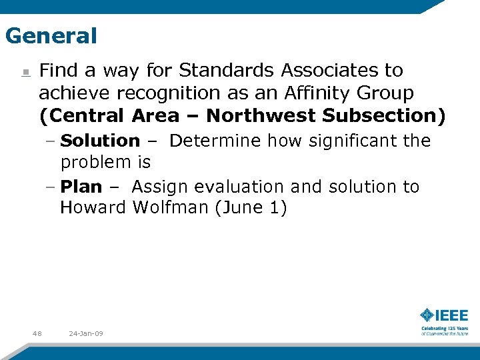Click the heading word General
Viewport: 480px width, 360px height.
(51, 35)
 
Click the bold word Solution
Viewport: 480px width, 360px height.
(100, 141)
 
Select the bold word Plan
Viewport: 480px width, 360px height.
(81, 187)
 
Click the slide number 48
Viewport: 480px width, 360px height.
(37, 333)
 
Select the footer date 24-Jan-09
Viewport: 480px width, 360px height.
(86, 333)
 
